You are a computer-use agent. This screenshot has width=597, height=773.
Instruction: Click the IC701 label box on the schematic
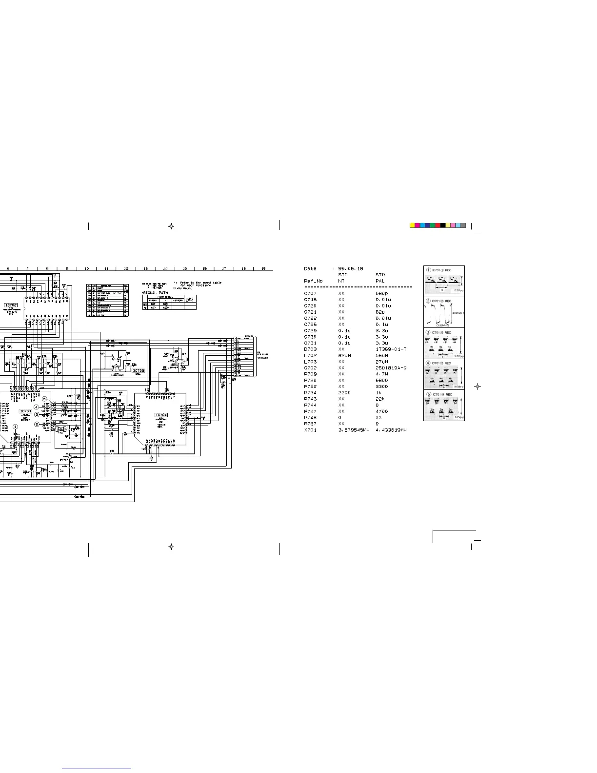click(26, 411)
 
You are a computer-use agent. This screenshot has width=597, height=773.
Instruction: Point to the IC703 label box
click(139, 371)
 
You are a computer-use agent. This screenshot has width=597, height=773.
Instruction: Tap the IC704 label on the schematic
click(161, 415)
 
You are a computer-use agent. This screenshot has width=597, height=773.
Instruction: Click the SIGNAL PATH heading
click(156, 293)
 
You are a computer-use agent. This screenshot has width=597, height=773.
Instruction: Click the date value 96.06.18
click(351, 268)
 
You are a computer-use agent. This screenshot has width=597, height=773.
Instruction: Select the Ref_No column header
click(313, 281)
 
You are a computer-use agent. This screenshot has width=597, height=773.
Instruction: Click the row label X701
click(310, 430)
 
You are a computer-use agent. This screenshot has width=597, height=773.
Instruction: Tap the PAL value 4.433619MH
click(391, 430)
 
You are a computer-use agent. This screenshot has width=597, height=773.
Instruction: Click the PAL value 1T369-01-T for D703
click(391, 349)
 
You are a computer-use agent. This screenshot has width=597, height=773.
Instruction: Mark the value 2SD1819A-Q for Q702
click(391, 368)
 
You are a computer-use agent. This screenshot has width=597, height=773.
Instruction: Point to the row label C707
click(310, 293)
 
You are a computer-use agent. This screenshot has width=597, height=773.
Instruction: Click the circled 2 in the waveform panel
click(428, 301)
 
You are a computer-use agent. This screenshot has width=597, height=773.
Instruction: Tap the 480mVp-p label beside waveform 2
click(458, 313)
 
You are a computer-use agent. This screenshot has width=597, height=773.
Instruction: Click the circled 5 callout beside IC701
click(44, 399)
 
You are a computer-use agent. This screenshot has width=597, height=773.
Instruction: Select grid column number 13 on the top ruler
click(145, 268)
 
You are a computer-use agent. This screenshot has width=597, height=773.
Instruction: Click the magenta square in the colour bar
click(418, 225)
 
